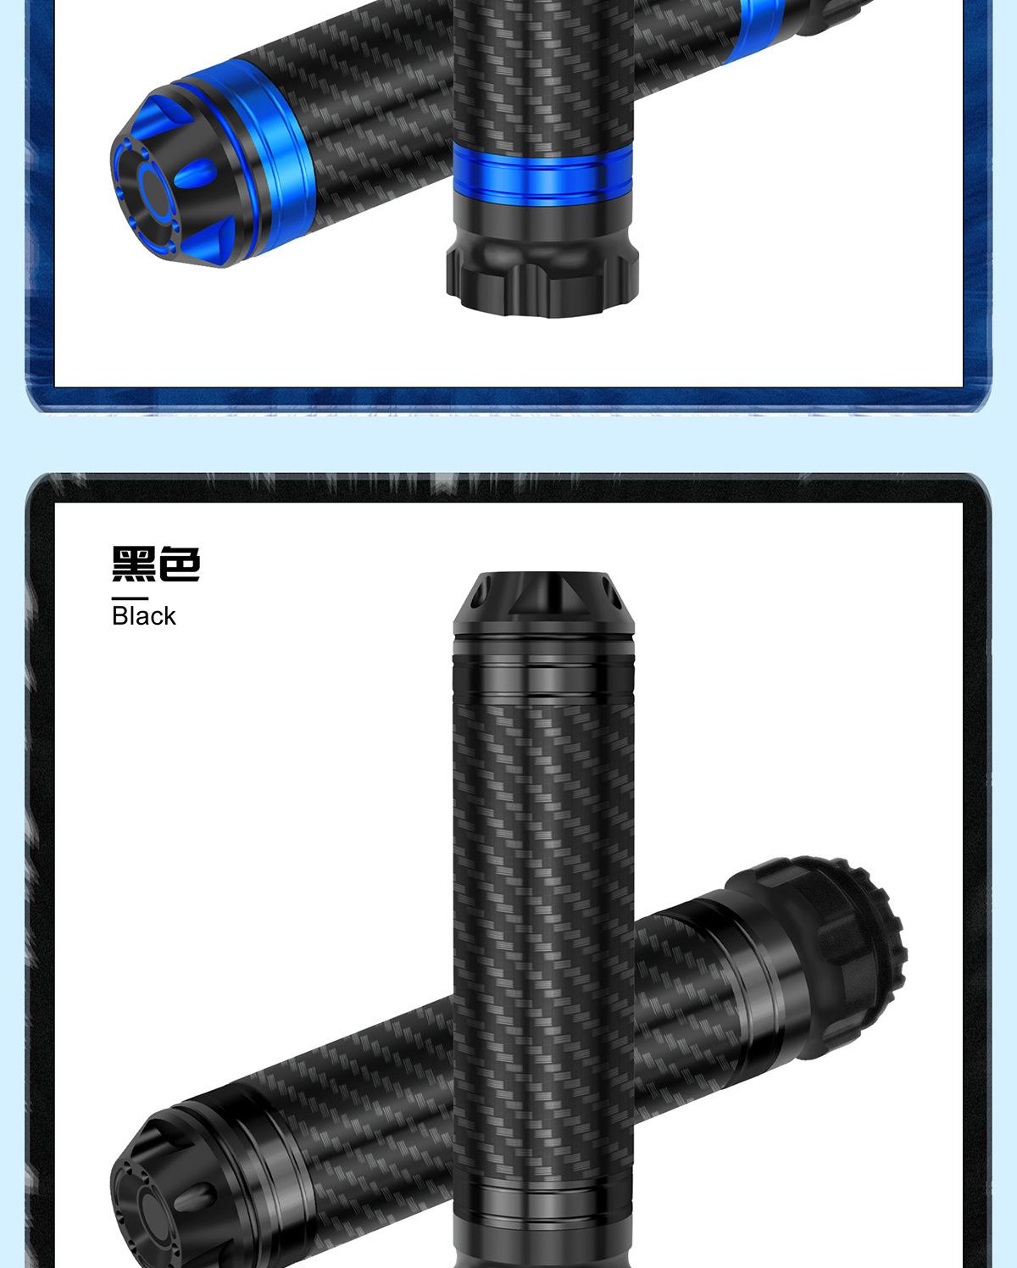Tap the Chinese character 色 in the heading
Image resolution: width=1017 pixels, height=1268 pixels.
pyautogui.click(x=179, y=564)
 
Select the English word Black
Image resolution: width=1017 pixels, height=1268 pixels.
pyautogui.click(x=144, y=616)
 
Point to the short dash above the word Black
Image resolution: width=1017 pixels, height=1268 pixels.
pyautogui.click(x=130, y=598)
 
